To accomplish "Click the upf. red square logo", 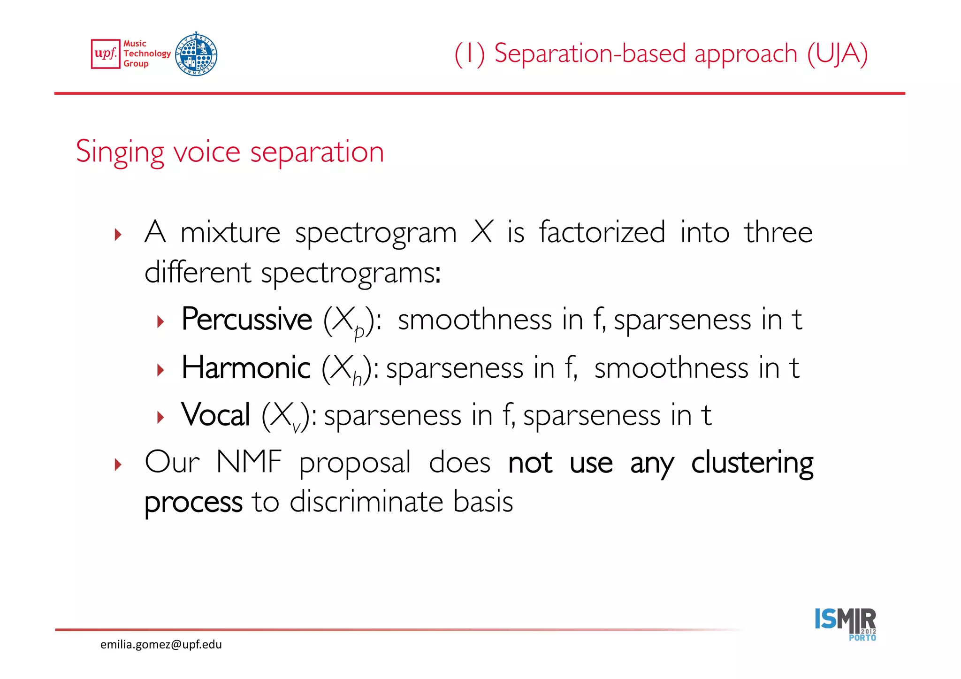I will click(x=106, y=54).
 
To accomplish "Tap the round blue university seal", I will click(x=196, y=54).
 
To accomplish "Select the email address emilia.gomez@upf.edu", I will click(x=161, y=644).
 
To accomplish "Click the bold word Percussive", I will click(x=247, y=320).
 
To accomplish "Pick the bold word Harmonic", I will click(x=246, y=367).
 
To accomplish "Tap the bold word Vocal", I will click(x=216, y=415).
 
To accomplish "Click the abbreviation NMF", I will click(x=249, y=462).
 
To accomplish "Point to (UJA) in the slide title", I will click(x=838, y=54).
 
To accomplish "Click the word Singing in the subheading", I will click(x=120, y=153).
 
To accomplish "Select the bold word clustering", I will click(x=752, y=463).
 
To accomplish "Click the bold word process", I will click(x=193, y=502).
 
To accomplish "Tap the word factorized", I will click(x=602, y=232).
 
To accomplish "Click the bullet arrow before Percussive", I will click(x=161, y=322).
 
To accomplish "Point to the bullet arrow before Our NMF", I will click(x=118, y=465).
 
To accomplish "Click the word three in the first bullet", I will click(x=778, y=232).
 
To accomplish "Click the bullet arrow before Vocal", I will click(x=161, y=417).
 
